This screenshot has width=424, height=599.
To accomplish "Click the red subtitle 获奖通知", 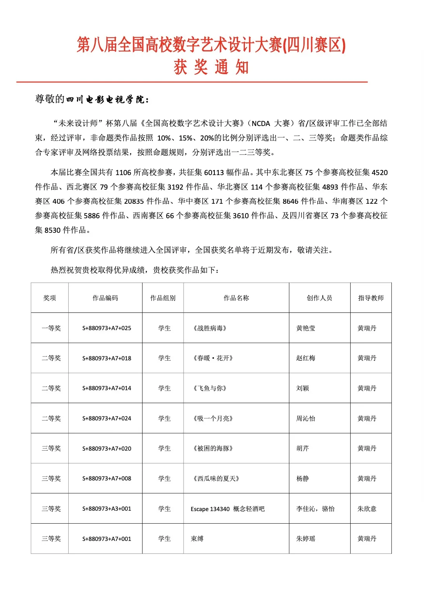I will click(211, 67).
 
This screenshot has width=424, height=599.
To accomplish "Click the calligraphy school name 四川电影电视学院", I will click(107, 100).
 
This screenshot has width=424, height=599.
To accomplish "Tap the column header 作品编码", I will click(105, 298).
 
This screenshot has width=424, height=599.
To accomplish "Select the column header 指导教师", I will click(371, 298).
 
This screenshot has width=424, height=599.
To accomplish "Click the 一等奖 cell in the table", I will click(51, 328).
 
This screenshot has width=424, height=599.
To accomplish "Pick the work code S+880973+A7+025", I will click(106, 328).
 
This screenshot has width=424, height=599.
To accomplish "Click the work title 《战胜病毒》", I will click(210, 328).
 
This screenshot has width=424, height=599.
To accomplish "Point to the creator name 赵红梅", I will click(305, 358).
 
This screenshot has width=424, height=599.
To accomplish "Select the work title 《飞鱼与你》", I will click(210, 388).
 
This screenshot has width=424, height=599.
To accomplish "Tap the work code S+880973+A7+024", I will click(106, 418).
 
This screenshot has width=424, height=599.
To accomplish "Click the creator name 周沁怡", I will click(305, 418).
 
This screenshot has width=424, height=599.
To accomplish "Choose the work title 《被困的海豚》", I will click(213, 448).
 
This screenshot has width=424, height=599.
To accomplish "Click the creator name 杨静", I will click(302, 478).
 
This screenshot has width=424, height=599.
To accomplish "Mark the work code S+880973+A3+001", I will click(106, 509).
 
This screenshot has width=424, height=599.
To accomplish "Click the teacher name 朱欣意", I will click(367, 509).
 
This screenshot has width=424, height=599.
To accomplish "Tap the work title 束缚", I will click(197, 539).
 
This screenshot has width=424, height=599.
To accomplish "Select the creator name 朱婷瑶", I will click(305, 539).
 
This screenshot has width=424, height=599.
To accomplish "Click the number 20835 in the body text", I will click(134, 201).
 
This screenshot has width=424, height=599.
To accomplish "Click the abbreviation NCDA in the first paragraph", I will click(261, 124).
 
